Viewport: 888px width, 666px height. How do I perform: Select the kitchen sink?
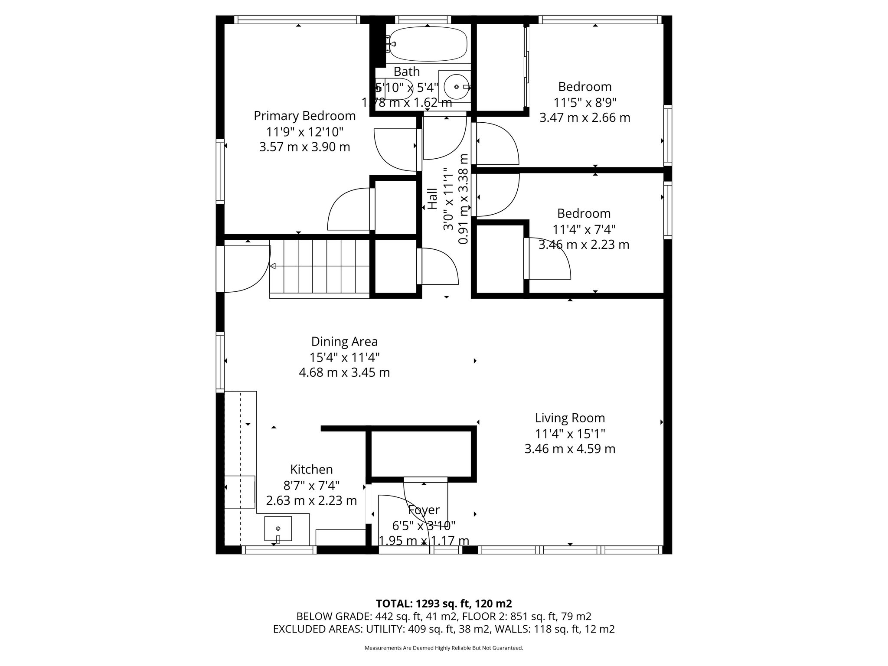[278, 529]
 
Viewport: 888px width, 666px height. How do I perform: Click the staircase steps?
[320, 268]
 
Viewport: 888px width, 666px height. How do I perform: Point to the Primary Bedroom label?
[305, 116]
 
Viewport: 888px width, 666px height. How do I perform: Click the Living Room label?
[570, 418]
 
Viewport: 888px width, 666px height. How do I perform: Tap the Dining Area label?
[345, 342]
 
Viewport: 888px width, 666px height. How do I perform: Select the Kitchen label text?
[311, 470]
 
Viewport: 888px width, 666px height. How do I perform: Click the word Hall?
[433, 199]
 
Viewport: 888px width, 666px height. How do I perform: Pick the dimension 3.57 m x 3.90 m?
[305, 147]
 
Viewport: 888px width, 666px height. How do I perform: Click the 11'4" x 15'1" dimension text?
[570, 434]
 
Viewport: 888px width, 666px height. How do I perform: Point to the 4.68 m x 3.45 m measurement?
[345, 372]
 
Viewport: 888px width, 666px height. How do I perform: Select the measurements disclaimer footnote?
[444, 648]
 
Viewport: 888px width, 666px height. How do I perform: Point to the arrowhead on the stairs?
[273, 266]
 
